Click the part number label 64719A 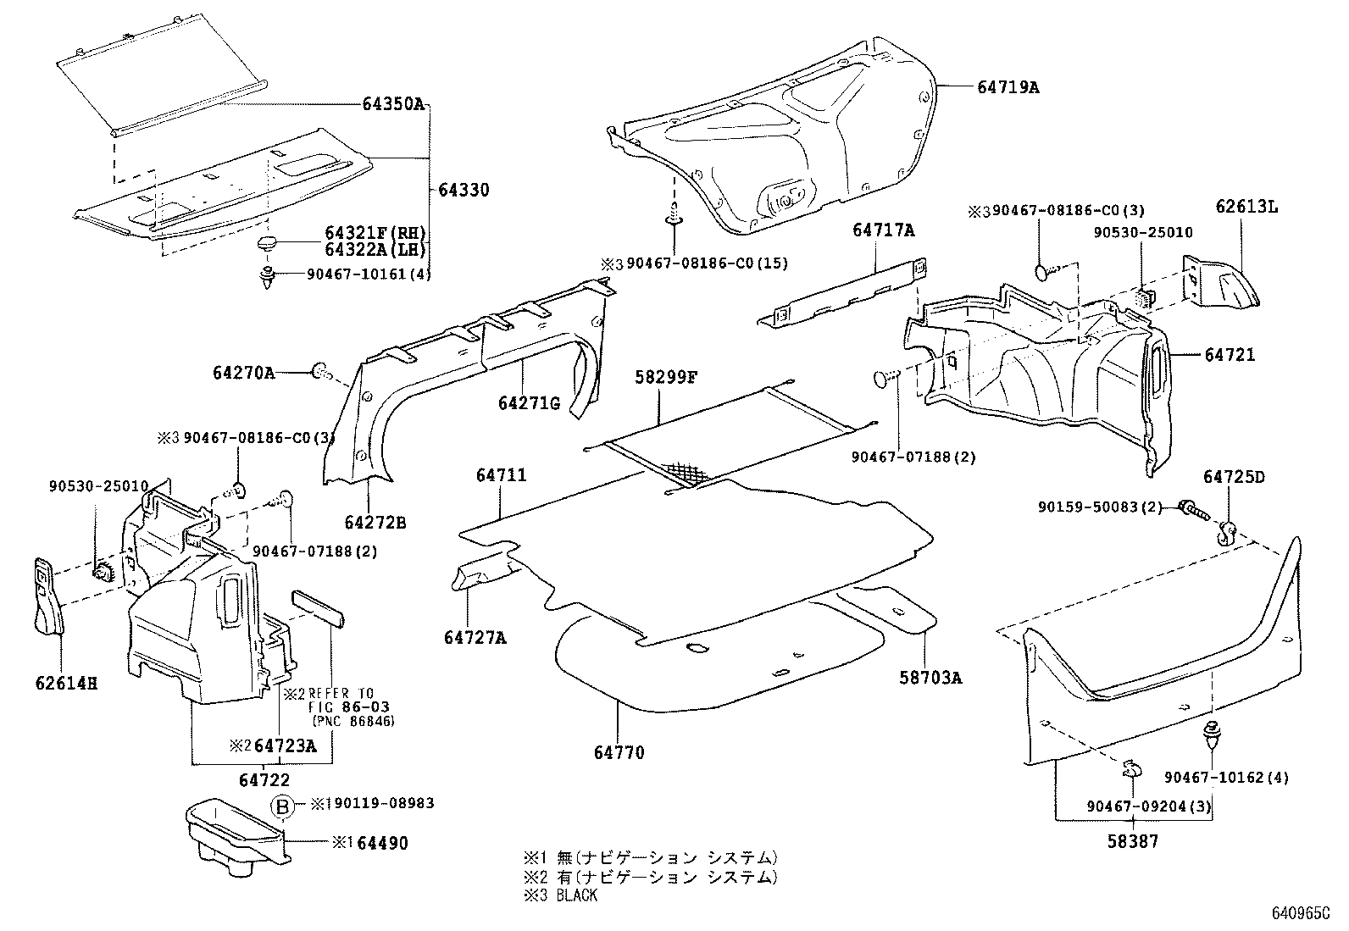pyautogui.click(x=1008, y=86)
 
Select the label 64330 pyautogui.click(x=464, y=191)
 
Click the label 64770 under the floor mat pyautogui.click(x=619, y=751)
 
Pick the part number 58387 pyautogui.click(x=1133, y=842)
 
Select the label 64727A pyautogui.click(x=474, y=638)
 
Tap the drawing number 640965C pyautogui.click(x=1300, y=914)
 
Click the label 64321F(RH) pyautogui.click(x=375, y=233)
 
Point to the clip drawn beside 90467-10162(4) pyautogui.click(x=1213, y=734)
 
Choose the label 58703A pyautogui.click(x=930, y=678)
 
